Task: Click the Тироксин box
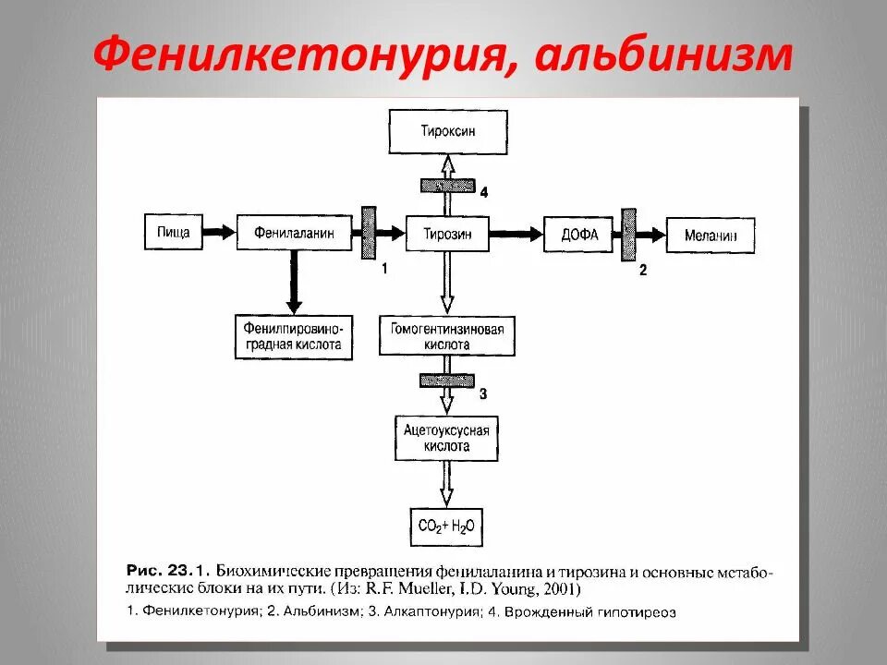pyautogui.click(x=448, y=132)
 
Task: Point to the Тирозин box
pyautogui.click(x=448, y=234)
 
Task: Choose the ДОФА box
pyautogui.click(x=579, y=235)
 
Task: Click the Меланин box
pyautogui.click(x=711, y=236)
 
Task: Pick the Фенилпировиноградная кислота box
pyautogui.click(x=294, y=336)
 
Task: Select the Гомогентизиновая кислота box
pyautogui.click(x=447, y=336)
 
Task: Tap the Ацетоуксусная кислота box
pyautogui.click(x=447, y=438)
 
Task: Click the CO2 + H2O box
pyautogui.click(x=447, y=527)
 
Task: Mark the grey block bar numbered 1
pyautogui.click(x=368, y=233)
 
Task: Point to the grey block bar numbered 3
pyautogui.click(x=447, y=381)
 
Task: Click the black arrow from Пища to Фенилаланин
pyautogui.click(x=218, y=233)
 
